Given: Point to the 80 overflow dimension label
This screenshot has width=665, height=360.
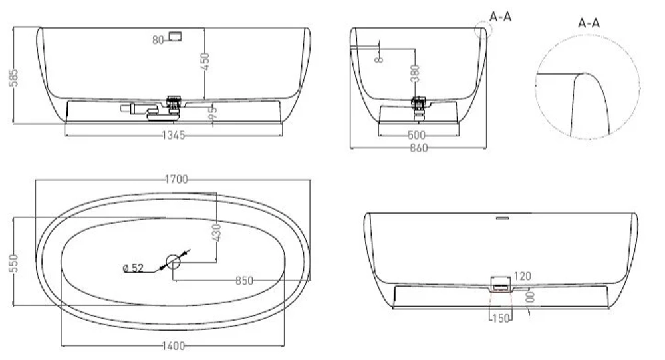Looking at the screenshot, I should point(158,40).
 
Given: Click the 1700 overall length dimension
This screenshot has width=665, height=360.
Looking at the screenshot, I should point(174,179).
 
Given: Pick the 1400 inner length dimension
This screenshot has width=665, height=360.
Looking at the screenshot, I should point(172,346).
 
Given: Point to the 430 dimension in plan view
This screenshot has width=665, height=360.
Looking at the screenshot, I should point(217,232).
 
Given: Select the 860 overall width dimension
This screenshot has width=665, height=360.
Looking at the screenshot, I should point(417,148).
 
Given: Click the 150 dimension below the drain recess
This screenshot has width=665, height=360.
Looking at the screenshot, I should point(501,319).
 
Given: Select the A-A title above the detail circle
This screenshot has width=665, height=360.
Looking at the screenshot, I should point(589,23).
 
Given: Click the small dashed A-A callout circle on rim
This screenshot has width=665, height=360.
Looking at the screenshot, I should point(481,30).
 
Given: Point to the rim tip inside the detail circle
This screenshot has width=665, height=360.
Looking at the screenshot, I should point(583,73).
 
